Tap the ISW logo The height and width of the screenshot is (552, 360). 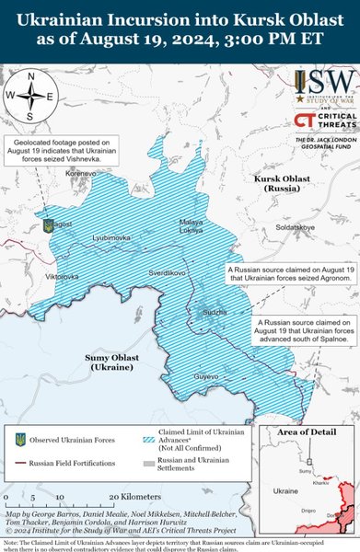click(325, 88)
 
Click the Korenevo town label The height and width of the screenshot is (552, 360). click(81, 172)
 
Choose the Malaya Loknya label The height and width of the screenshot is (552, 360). click(191, 226)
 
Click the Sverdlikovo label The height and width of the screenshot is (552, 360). click(168, 273)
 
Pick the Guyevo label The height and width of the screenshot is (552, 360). click(206, 376)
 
